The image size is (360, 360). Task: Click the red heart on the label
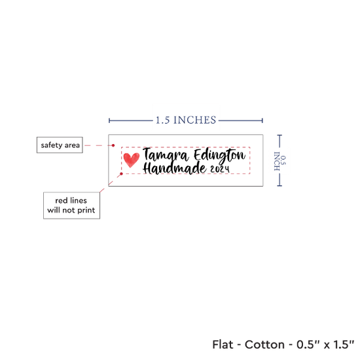[x=132, y=160]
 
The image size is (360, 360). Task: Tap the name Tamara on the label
[x=166, y=155]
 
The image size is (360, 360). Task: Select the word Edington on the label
[x=220, y=156]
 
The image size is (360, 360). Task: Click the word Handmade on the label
[x=175, y=168]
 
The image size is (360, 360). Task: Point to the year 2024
[x=220, y=170]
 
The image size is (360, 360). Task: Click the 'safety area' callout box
[x=60, y=145]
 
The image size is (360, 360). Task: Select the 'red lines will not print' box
[x=71, y=206]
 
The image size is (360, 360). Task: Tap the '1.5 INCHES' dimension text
[x=186, y=120]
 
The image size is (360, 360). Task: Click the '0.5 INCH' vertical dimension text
[x=280, y=161]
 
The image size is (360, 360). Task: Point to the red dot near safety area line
[x=113, y=145]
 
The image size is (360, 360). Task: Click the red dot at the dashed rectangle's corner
[x=122, y=174]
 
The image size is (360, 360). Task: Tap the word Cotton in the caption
[x=264, y=344]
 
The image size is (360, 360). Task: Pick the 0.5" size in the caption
[x=308, y=344]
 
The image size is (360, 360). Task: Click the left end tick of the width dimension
[x=109, y=120]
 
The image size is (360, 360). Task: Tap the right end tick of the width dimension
[x=262, y=120]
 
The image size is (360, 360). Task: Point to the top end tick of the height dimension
[x=279, y=135]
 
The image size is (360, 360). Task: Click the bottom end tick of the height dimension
[x=279, y=185]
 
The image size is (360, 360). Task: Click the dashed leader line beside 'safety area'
[x=98, y=145]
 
